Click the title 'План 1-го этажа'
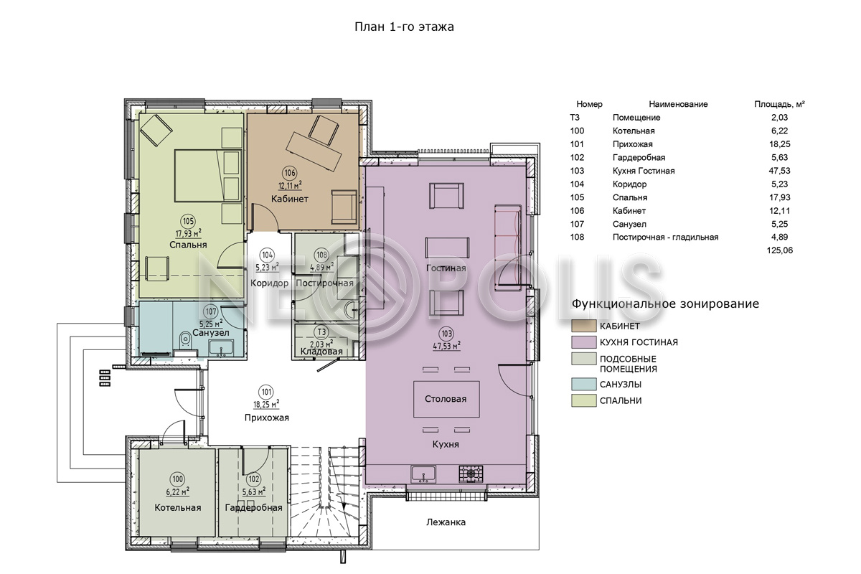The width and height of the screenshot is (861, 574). pyautogui.click(x=404, y=27)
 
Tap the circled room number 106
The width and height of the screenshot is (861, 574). pyautogui.click(x=290, y=173)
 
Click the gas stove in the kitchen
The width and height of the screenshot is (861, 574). pyautogui.click(x=471, y=474)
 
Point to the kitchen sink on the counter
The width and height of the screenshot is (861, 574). pyautogui.click(x=423, y=474)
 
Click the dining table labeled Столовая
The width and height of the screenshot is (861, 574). pyautogui.click(x=446, y=399)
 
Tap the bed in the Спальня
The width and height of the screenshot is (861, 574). pyautogui.click(x=208, y=176)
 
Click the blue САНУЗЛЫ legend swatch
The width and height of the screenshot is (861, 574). pyautogui.click(x=583, y=385)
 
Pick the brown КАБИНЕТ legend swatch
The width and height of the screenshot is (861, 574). pyautogui.click(x=583, y=326)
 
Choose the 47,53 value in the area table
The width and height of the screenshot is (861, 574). pyautogui.click(x=779, y=171)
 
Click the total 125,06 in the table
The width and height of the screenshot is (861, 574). pyautogui.click(x=779, y=250)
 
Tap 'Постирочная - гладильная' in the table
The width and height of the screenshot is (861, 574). pyautogui.click(x=665, y=237)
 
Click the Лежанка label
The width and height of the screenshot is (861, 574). pyautogui.click(x=446, y=522)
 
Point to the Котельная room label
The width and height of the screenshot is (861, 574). pyautogui.click(x=178, y=507)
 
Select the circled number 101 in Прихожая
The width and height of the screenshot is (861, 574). pyautogui.click(x=266, y=392)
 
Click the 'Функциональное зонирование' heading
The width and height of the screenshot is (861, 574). pyautogui.click(x=665, y=304)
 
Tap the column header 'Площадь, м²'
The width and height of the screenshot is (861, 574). pyautogui.click(x=779, y=104)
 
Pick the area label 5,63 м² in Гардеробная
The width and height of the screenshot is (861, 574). pyautogui.click(x=254, y=491)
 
